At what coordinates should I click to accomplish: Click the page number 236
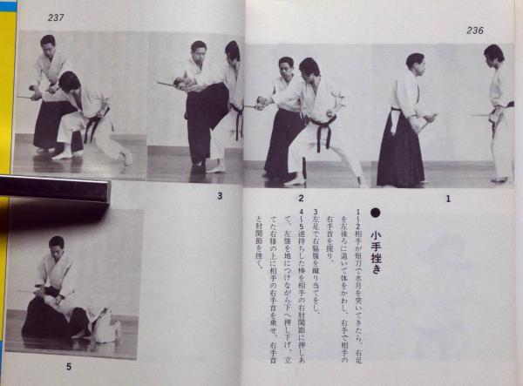tap(474, 30)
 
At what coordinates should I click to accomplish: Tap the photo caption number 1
tap(448, 198)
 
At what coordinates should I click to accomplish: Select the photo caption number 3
tap(219, 196)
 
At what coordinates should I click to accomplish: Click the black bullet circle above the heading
tap(376, 212)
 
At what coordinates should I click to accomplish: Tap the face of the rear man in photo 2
tap(286, 67)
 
